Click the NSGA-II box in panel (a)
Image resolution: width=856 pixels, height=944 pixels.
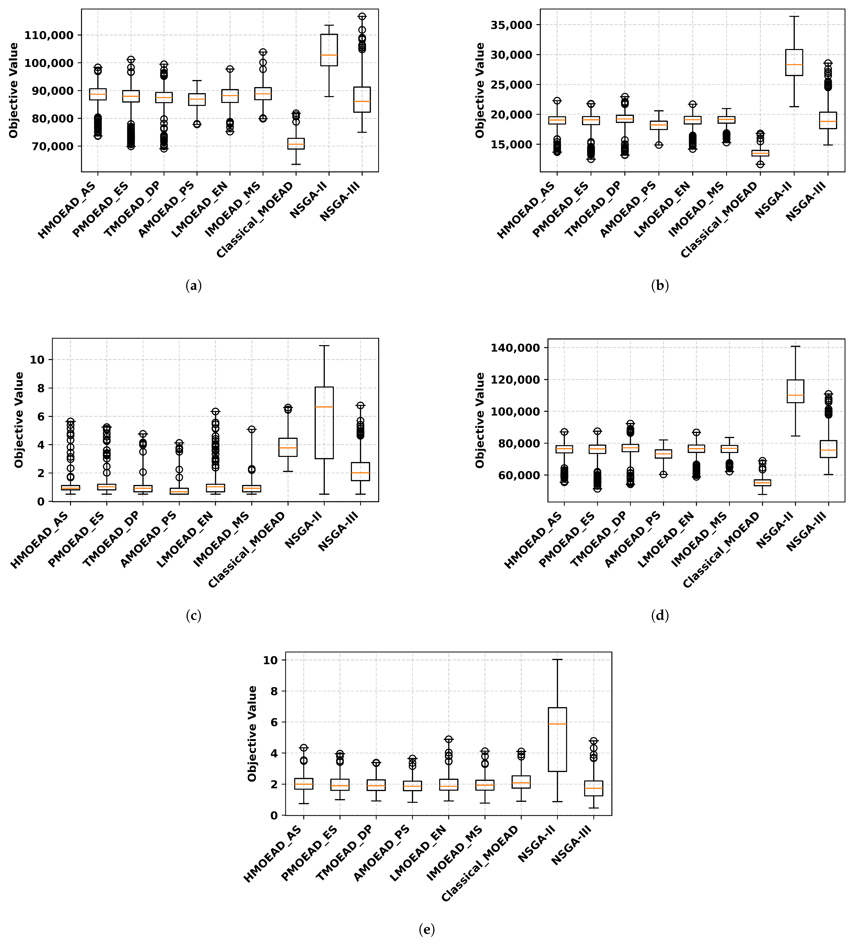(329, 50)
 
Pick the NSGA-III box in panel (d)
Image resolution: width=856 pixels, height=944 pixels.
(828, 449)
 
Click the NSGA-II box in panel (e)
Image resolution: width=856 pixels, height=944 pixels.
(557, 739)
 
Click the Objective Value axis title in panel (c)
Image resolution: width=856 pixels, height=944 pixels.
(19, 420)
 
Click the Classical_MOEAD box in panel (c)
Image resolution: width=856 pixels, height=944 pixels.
(288, 447)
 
